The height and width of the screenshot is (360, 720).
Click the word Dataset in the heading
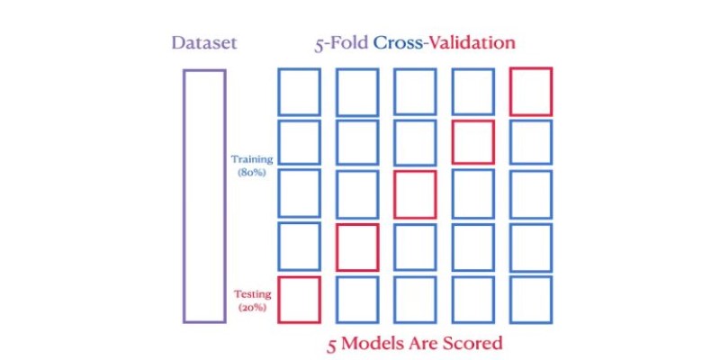pyautogui.click(x=204, y=43)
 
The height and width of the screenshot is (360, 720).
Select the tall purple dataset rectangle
pyautogui.click(x=184, y=196)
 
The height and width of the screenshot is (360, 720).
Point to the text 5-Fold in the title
pyautogui.click(x=342, y=43)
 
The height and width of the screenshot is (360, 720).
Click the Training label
pyautogui.click(x=252, y=160)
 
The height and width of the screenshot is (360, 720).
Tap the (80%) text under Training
pyautogui.click(x=252, y=174)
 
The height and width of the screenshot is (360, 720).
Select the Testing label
pyautogui.click(x=253, y=294)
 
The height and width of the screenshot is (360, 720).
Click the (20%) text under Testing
pyautogui.click(x=252, y=308)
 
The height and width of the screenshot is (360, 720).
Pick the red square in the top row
pyautogui.click(x=510, y=92)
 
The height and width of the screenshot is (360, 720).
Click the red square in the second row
pyautogui.click(x=453, y=142)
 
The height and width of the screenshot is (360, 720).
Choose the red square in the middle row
pyautogui.click(x=394, y=194)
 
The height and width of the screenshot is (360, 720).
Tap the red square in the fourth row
pyautogui.click(x=337, y=247)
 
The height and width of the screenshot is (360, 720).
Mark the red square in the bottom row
pyautogui.click(x=278, y=300)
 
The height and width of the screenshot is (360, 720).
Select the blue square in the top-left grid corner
pyautogui.click(x=278, y=92)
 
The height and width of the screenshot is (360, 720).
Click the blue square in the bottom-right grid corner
pyautogui.click(x=510, y=300)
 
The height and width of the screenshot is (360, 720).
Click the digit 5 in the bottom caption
pyautogui.click(x=332, y=345)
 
